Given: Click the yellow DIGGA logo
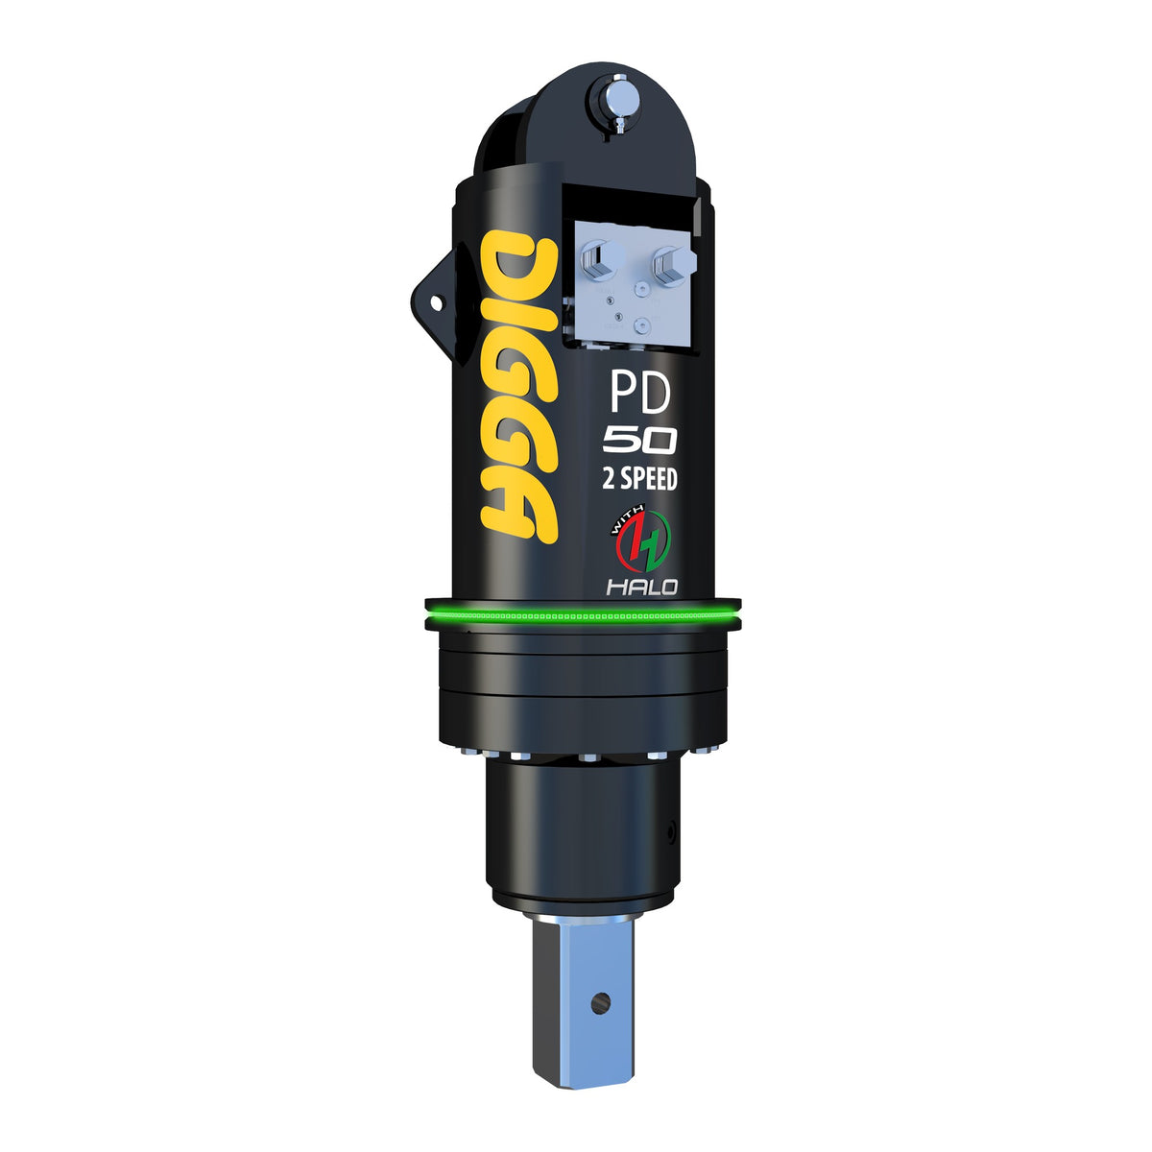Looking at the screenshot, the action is click(x=519, y=387).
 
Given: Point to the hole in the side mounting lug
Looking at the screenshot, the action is click(x=436, y=303).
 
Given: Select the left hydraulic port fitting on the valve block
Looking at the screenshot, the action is click(x=601, y=260).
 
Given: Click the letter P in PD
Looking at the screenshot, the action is click(x=622, y=393).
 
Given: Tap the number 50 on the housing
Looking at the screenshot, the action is click(x=640, y=442).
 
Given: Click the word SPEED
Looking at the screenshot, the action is click(x=649, y=479).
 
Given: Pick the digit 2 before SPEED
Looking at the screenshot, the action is click(x=609, y=480).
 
